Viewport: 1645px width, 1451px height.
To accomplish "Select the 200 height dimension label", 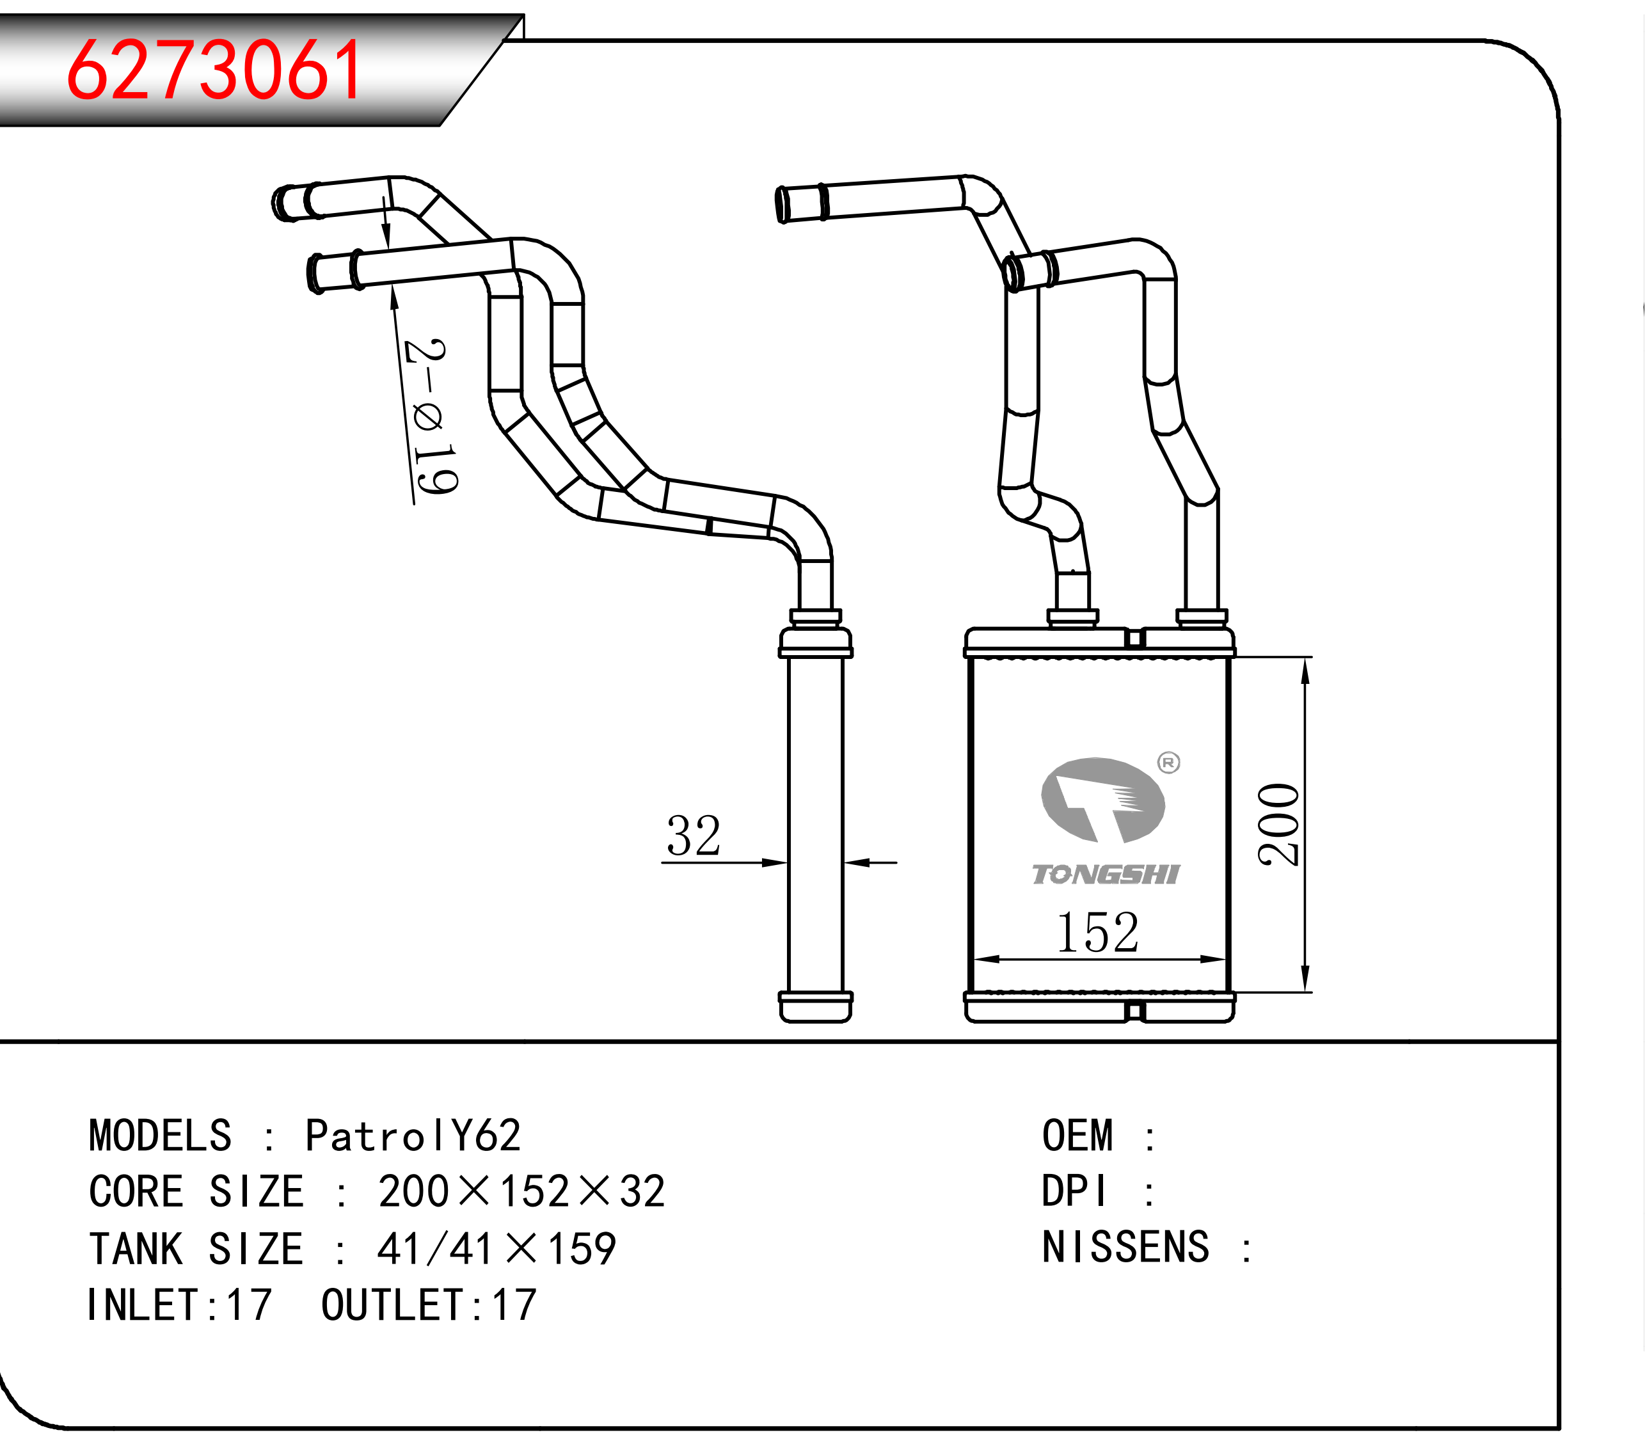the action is click(x=1279, y=824).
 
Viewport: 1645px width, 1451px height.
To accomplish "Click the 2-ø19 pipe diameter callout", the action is click(x=431, y=416).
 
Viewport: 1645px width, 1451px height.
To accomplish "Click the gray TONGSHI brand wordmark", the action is click(x=1106, y=874).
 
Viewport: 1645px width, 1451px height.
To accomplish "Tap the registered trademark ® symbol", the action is click(x=1168, y=762).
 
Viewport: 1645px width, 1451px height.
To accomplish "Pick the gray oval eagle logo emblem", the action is click(x=1102, y=800).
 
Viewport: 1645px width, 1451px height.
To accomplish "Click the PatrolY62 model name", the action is click(x=413, y=1136).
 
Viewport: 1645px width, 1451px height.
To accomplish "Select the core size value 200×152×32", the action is click(x=521, y=1191).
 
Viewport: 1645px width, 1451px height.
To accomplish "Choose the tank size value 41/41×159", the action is click(x=497, y=1249).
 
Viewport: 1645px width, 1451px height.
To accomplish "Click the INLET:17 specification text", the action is click(x=179, y=1304).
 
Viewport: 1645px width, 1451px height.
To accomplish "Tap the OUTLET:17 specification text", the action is click(x=429, y=1304).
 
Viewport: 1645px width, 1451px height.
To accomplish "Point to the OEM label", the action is click(x=1077, y=1136).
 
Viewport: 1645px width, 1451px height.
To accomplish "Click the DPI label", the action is click(x=1074, y=1191).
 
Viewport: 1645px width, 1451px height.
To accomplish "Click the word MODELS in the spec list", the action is click(x=160, y=1136).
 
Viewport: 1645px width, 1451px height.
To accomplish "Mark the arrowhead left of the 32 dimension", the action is click(x=774, y=862).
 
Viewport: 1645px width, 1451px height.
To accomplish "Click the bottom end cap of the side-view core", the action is click(x=815, y=1007).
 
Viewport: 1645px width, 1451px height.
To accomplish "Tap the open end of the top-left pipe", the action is click(x=282, y=203).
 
